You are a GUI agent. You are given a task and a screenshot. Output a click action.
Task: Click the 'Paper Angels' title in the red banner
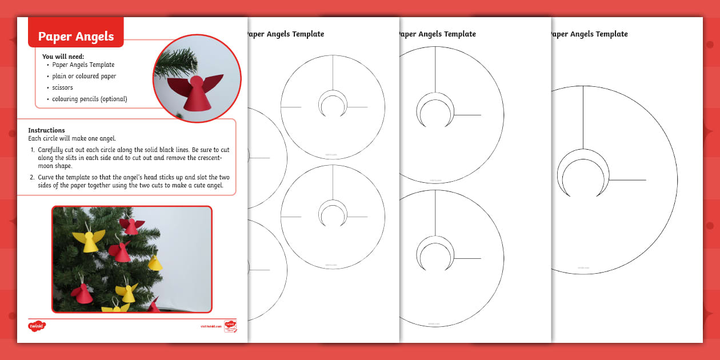(x=76, y=37)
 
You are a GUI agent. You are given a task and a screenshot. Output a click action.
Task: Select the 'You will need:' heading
(x=63, y=56)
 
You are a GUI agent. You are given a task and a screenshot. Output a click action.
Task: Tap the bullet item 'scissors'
(x=62, y=87)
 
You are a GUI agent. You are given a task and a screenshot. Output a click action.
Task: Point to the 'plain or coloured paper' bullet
(x=84, y=76)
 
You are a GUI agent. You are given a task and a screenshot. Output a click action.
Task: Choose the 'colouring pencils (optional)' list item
(x=90, y=99)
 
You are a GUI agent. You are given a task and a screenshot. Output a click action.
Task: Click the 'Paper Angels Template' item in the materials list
(x=83, y=65)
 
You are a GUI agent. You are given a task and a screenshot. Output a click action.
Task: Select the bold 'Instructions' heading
(x=46, y=130)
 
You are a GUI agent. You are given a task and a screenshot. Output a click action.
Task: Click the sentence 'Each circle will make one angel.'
(x=71, y=138)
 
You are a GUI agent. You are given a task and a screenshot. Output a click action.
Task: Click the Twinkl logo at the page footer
(x=37, y=326)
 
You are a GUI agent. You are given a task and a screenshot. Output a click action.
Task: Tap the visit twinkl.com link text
(x=210, y=326)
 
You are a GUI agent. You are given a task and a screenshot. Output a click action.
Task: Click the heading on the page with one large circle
(x=589, y=34)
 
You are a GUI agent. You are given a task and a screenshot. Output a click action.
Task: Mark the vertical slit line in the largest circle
(x=583, y=117)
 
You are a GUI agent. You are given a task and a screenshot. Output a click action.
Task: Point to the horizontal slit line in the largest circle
(x=627, y=180)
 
